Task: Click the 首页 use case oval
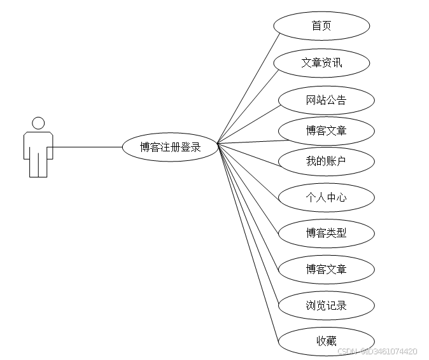[321, 26]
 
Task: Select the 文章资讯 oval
[321, 63]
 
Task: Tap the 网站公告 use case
[326, 100]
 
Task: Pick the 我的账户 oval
[326, 162]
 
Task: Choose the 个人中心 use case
[326, 197]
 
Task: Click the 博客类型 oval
[326, 233]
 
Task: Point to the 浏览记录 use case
[326, 305]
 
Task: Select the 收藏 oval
[326, 341]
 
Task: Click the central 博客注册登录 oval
[170, 147]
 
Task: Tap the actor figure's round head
[38, 123]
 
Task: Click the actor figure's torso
[38, 145]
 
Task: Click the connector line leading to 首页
[248, 88]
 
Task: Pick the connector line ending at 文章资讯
[248, 106]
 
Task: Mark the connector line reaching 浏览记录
[248, 224]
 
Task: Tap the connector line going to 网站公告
[248, 124]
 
